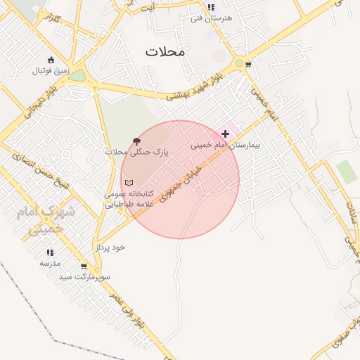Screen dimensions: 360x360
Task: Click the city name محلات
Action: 165,51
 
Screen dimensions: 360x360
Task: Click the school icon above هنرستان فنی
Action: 211,7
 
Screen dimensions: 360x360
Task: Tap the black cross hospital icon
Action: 225,134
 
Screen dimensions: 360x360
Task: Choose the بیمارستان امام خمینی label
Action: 225,146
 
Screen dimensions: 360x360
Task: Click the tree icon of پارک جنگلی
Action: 135,141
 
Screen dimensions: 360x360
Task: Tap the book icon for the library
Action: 129,183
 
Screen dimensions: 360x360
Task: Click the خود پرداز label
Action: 110,247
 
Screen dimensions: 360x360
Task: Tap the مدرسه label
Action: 50,263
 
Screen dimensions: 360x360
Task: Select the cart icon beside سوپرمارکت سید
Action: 84,266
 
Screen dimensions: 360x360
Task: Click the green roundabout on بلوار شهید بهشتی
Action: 239,63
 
